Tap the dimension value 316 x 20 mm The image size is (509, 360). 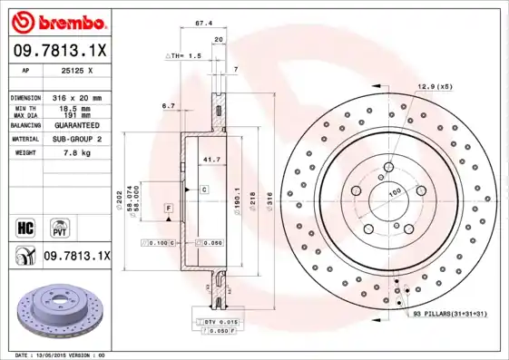click(x=76, y=97)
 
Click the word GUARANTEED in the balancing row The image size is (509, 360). click(x=79, y=124)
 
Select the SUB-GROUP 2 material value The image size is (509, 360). click(x=78, y=139)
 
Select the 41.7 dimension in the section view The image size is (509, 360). click(x=210, y=160)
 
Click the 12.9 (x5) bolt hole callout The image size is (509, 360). click(x=434, y=86)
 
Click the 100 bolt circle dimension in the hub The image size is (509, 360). click(x=396, y=193)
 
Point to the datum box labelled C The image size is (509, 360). click(x=204, y=190)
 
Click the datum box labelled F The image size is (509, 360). click(x=169, y=209)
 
